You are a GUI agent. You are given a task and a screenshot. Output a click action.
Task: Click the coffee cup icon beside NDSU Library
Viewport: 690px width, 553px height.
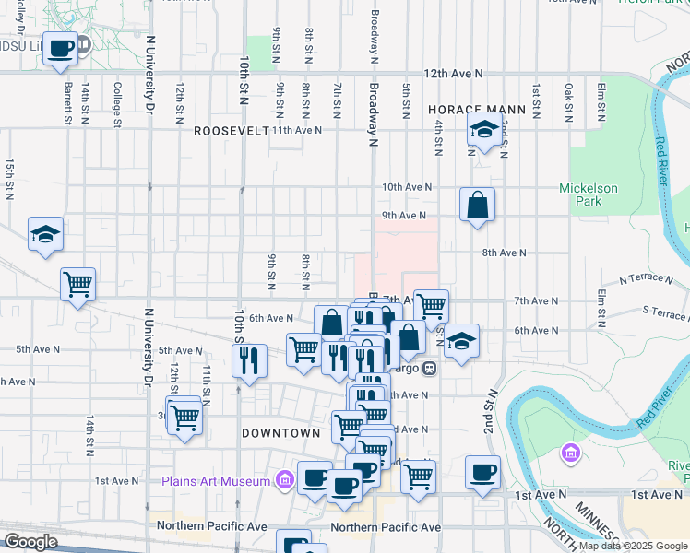pyautogui.click(x=60, y=49)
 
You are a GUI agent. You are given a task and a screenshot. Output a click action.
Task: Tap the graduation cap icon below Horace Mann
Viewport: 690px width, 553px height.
pyautogui.click(x=482, y=132)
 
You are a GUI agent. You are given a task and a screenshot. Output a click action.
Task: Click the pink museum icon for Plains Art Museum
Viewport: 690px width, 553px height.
pyautogui.click(x=284, y=480)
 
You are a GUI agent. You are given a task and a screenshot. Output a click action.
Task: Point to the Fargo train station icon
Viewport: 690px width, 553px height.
pyautogui.click(x=429, y=369)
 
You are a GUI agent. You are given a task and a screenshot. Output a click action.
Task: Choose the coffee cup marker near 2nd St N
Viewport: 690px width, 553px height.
pyautogui.click(x=482, y=473)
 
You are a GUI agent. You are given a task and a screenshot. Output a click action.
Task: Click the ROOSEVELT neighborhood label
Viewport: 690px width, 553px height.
pyautogui.click(x=231, y=131)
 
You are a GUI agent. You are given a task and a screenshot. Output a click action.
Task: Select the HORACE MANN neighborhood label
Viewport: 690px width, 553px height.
pyautogui.click(x=477, y=109)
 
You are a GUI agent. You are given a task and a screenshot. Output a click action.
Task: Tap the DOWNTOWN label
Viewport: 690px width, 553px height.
pyautogui.click(x=280, y=432)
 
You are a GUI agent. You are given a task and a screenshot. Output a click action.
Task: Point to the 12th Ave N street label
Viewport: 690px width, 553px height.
pyautogui.click(x=453, y=73)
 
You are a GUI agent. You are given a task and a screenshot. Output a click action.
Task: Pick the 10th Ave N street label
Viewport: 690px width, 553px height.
pyautogui.click(x=408, y=187)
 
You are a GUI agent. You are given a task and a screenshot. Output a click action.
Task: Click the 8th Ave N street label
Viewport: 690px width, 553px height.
pyautogui.click(x=503, y=253)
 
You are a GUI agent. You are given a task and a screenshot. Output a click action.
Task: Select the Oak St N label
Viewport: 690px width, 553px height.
pyautogui.click(x=569, y=100)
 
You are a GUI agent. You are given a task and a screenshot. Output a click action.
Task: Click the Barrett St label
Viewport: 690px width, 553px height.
pyautogui.click(x=67, y=101)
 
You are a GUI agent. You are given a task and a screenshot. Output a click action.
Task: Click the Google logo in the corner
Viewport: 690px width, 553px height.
pyautogui.click(x=31, y=541)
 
